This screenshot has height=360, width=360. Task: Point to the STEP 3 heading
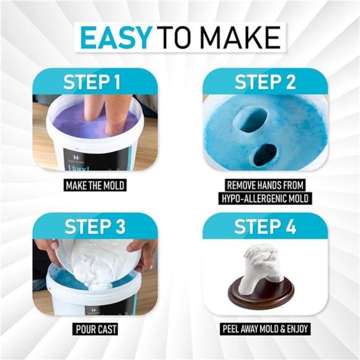95,226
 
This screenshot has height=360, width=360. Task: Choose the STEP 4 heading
265,226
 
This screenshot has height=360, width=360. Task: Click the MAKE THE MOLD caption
95,185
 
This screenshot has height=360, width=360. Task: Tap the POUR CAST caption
95,329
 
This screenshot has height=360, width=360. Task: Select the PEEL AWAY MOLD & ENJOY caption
265,329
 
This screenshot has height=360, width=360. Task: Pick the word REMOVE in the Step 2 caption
239,185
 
